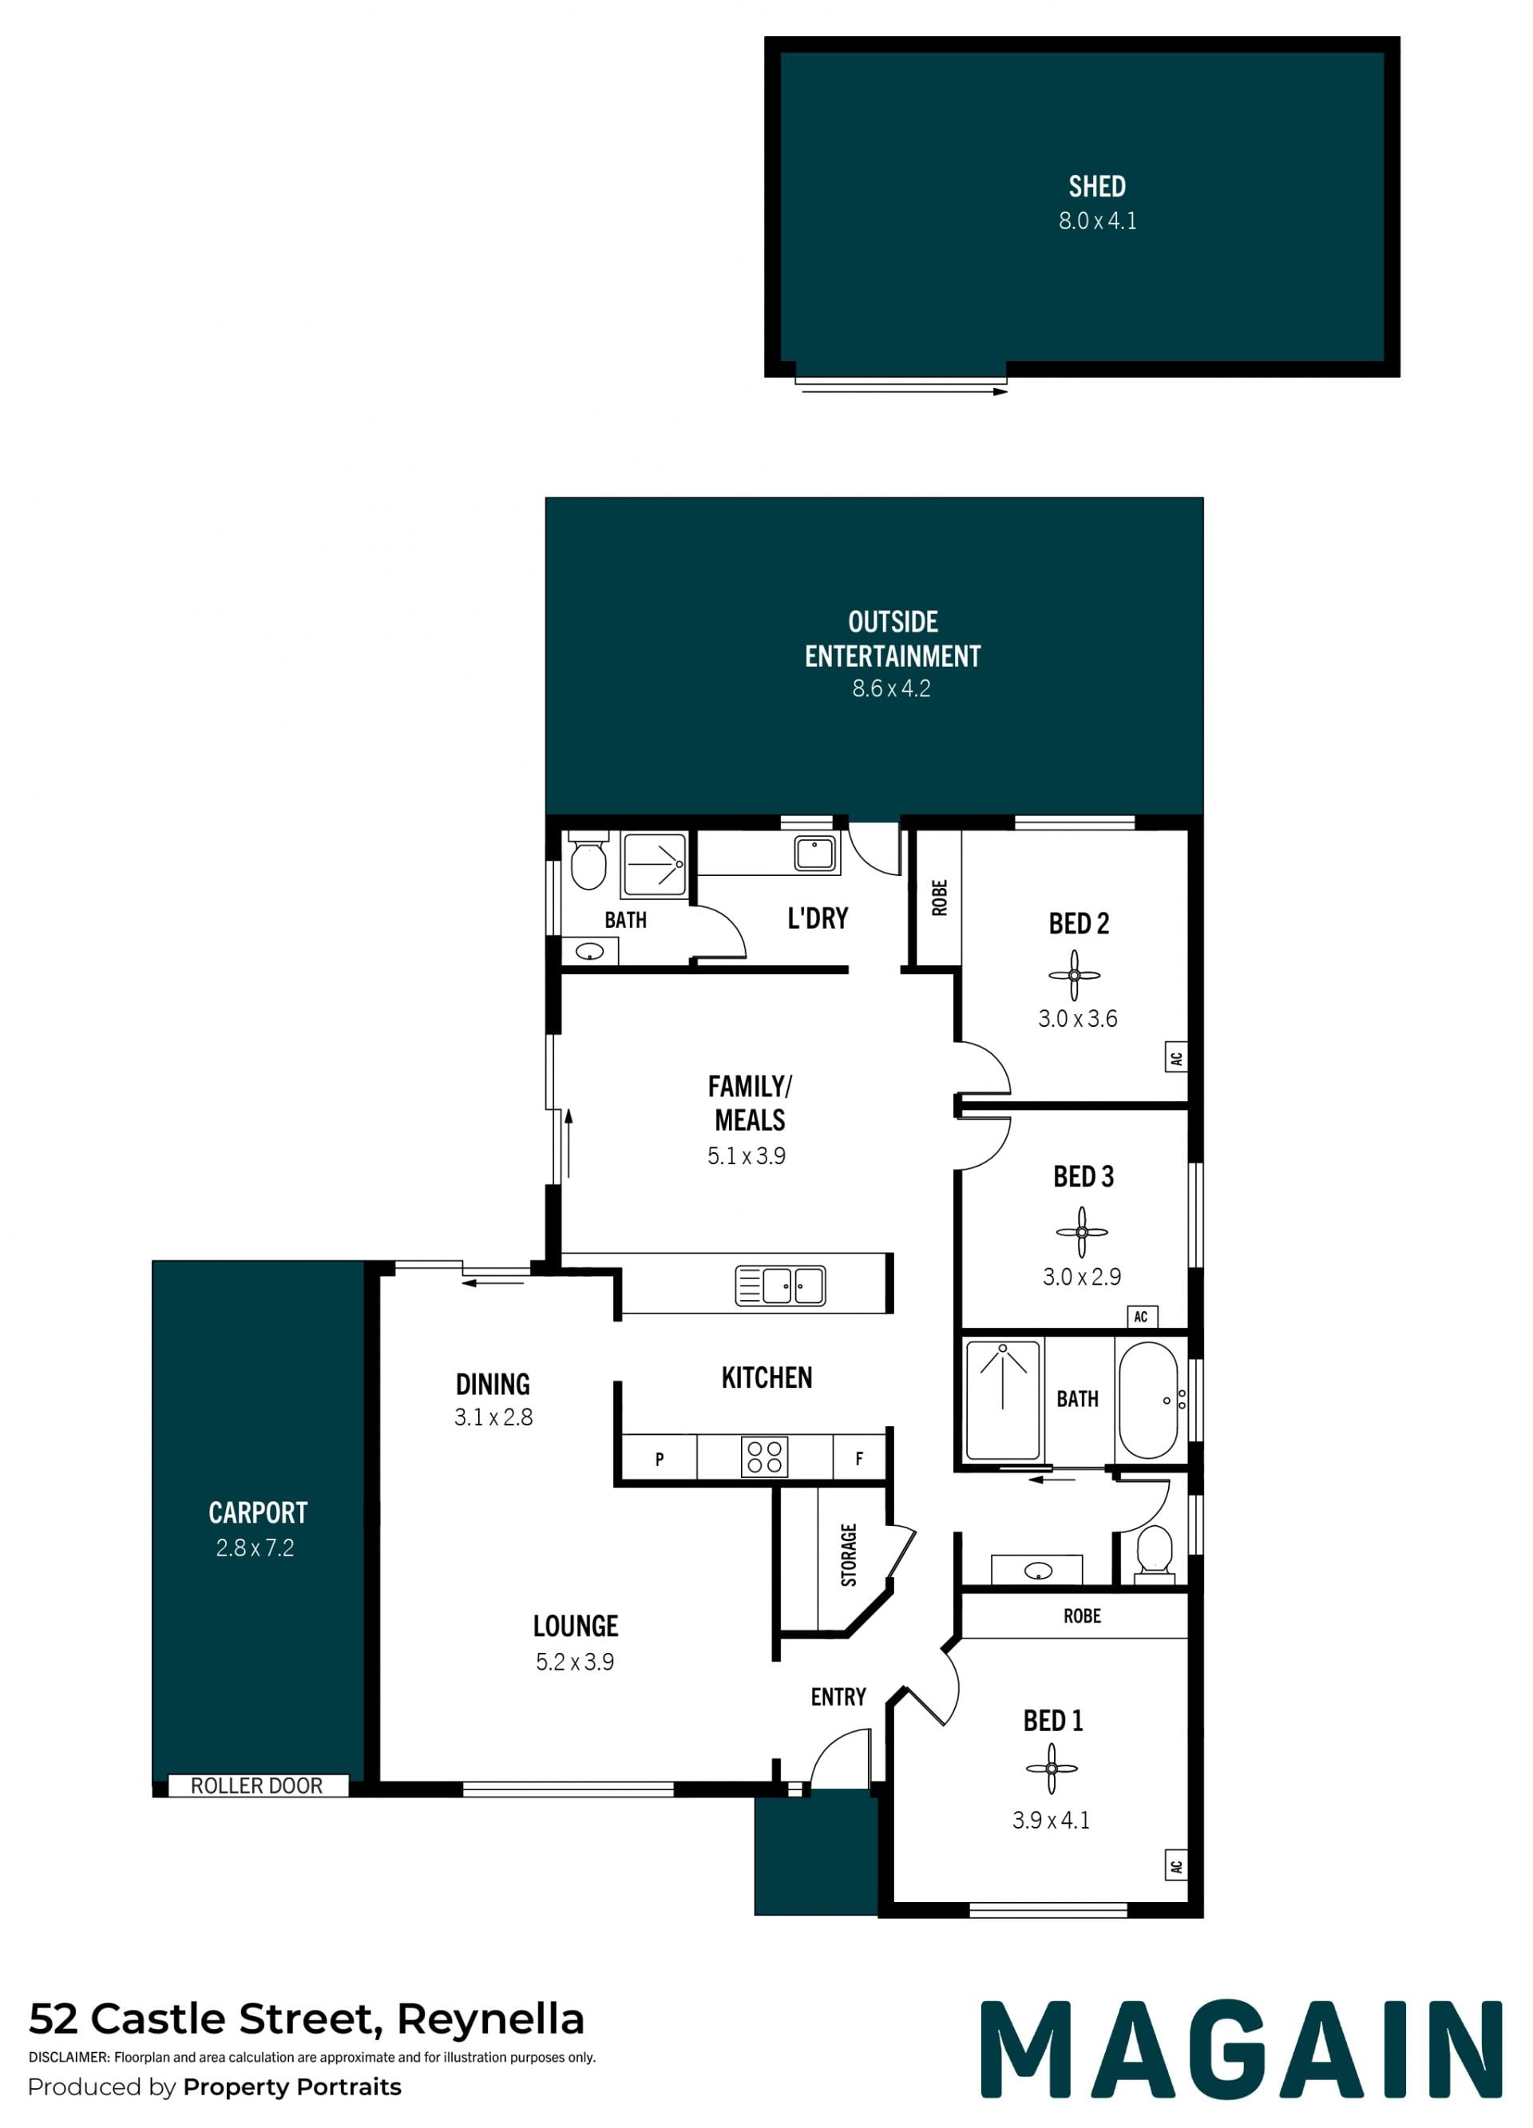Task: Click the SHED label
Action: point(1097,187)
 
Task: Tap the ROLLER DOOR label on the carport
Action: point(256,1785)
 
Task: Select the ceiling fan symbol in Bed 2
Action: point(1074,976)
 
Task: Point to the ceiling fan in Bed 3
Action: point(1082,1232)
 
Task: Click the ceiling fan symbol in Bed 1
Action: point(1052,1769)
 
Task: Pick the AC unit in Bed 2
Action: point(1176,1058)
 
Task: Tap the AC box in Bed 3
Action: point(1142,1317)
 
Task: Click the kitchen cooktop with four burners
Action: point(765,1457)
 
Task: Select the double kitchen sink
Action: point(781,1286)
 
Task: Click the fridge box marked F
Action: point(859,1459)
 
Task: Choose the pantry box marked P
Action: point(660,1459)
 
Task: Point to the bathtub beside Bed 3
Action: point(1148,1399)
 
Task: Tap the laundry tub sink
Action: point(814,854)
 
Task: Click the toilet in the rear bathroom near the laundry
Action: point(588,861)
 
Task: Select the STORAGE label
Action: point(849,1555)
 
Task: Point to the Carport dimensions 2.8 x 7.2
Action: point(255,1547)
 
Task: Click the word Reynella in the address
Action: point(491,2019)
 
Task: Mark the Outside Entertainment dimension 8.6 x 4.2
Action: point(891,688)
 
